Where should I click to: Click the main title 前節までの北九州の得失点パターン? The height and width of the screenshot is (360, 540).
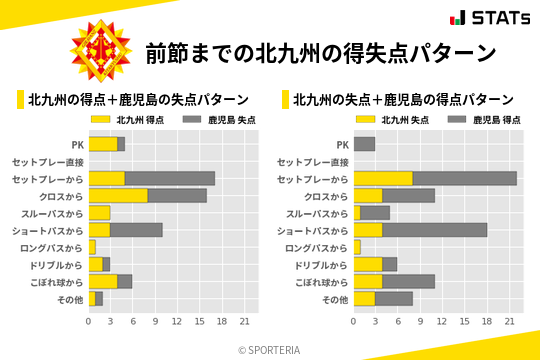[320, 52]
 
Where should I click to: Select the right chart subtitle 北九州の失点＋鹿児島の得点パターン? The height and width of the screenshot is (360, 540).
[403, 100]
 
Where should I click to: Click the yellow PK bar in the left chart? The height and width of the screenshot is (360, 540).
[103, 144]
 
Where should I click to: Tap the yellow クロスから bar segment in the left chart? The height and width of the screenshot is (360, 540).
[118, 195]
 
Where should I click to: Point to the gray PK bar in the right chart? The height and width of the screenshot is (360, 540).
[364, 144]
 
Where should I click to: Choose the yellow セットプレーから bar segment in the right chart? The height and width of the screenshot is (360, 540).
[383, 178]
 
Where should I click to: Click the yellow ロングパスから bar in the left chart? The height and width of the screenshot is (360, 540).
[92, 247]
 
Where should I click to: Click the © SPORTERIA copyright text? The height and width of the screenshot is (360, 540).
[270, 349]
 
